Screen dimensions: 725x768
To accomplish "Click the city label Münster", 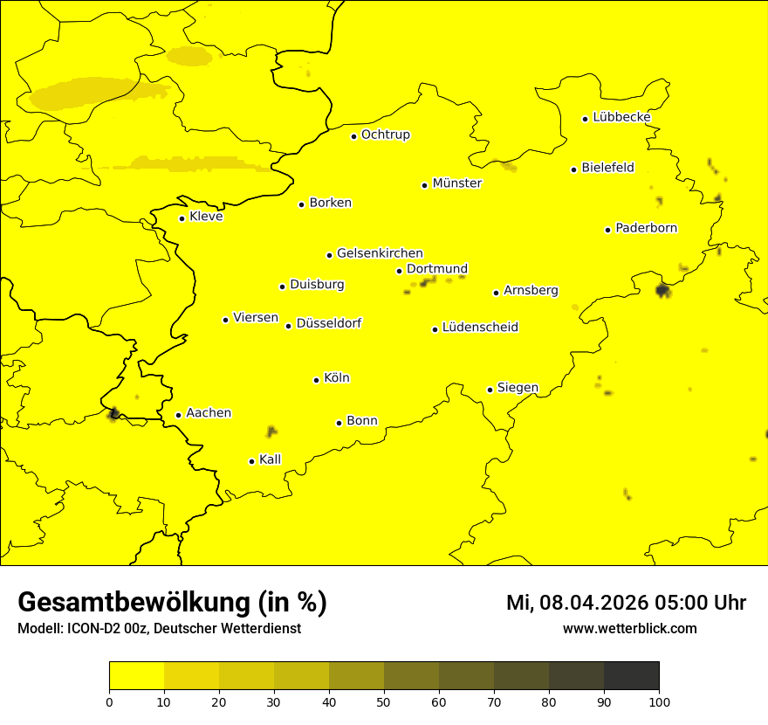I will pyautogui.click(x=456, y=183).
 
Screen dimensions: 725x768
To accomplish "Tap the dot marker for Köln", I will pyautogui.click(x=316, y=380).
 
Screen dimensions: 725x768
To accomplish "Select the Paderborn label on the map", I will pyautogui.click(x=646, y=228).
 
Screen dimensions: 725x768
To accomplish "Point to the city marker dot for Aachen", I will pyautogui.click(x=178, y=415).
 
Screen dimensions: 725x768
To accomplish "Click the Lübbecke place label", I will pyautogui.click(x=621, y=117).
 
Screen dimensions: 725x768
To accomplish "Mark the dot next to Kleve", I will pyautogui.click(x=182, y=218).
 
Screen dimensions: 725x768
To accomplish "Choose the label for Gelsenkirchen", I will pyautogui.click(x=380, y=253).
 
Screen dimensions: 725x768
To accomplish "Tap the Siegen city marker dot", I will pyautogui.click(x=490, y=390).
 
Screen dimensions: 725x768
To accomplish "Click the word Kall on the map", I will pyautogui.click(x=271, y=459).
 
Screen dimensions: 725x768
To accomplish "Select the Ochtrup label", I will pyautogui.click(x=385, y=135).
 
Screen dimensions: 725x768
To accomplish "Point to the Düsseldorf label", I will pyautogui.click(x=329, y=323).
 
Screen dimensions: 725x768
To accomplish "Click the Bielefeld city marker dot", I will pyautogui.click(x=573, y=169).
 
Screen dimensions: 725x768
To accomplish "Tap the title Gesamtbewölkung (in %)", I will pyautogui.click(x=172, y=603).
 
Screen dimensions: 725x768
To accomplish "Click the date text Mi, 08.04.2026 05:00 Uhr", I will pyautogui.click(x=626, y=603).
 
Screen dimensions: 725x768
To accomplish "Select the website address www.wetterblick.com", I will pyautogui.click(x=629, y=629).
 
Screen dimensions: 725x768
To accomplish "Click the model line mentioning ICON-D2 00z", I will pyautogui.click(x=159, y=629).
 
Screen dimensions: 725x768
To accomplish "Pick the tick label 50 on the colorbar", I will pyautogui.click(x=384, y=701).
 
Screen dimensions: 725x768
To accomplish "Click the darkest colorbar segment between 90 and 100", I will pyautogui.click(x=631, y=676).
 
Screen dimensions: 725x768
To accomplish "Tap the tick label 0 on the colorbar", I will pyautogui.click(x=109, y=701).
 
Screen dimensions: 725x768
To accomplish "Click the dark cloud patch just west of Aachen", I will pyautogui.click(x=113, y=413).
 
